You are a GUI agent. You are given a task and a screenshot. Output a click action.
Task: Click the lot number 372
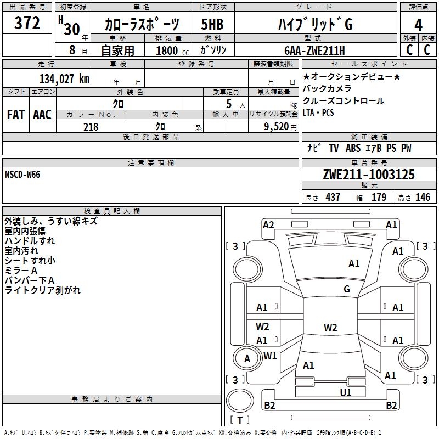click(x=27, y=24)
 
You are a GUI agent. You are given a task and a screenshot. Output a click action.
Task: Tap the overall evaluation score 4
click(x=419, y=25)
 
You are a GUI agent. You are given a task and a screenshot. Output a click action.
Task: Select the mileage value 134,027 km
click(x=64, y=78)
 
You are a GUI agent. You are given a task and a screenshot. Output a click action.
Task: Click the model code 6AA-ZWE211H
click(x=315, y=51)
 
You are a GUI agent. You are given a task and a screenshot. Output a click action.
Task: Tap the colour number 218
click(x=91, y=127)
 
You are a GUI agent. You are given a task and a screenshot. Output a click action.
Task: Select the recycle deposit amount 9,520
click(x=275, y=127)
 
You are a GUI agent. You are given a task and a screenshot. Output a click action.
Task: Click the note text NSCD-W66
click(x=22, y=175)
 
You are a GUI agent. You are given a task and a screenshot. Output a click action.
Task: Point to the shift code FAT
click(x=15, y=114)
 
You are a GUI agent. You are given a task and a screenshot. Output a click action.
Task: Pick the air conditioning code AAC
click(x=42, y=114)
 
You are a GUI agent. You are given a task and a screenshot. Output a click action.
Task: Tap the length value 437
click(x=333, y=197)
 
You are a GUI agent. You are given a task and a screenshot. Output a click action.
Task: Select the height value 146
click(x=423, y=197)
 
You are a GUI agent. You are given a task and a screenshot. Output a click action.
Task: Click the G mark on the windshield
click(x=346, y=289)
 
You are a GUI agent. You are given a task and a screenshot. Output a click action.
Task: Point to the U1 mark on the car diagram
click(x=346, y=392)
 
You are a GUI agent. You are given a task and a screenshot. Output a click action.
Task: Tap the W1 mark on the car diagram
click(x=270, y=356)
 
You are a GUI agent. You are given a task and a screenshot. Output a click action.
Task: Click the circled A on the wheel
click(x=247, y=359)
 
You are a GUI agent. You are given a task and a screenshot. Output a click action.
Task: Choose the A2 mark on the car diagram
click(x=268, y=224)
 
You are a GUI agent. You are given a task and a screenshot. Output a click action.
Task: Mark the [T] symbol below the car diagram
click(x=239, y=420)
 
